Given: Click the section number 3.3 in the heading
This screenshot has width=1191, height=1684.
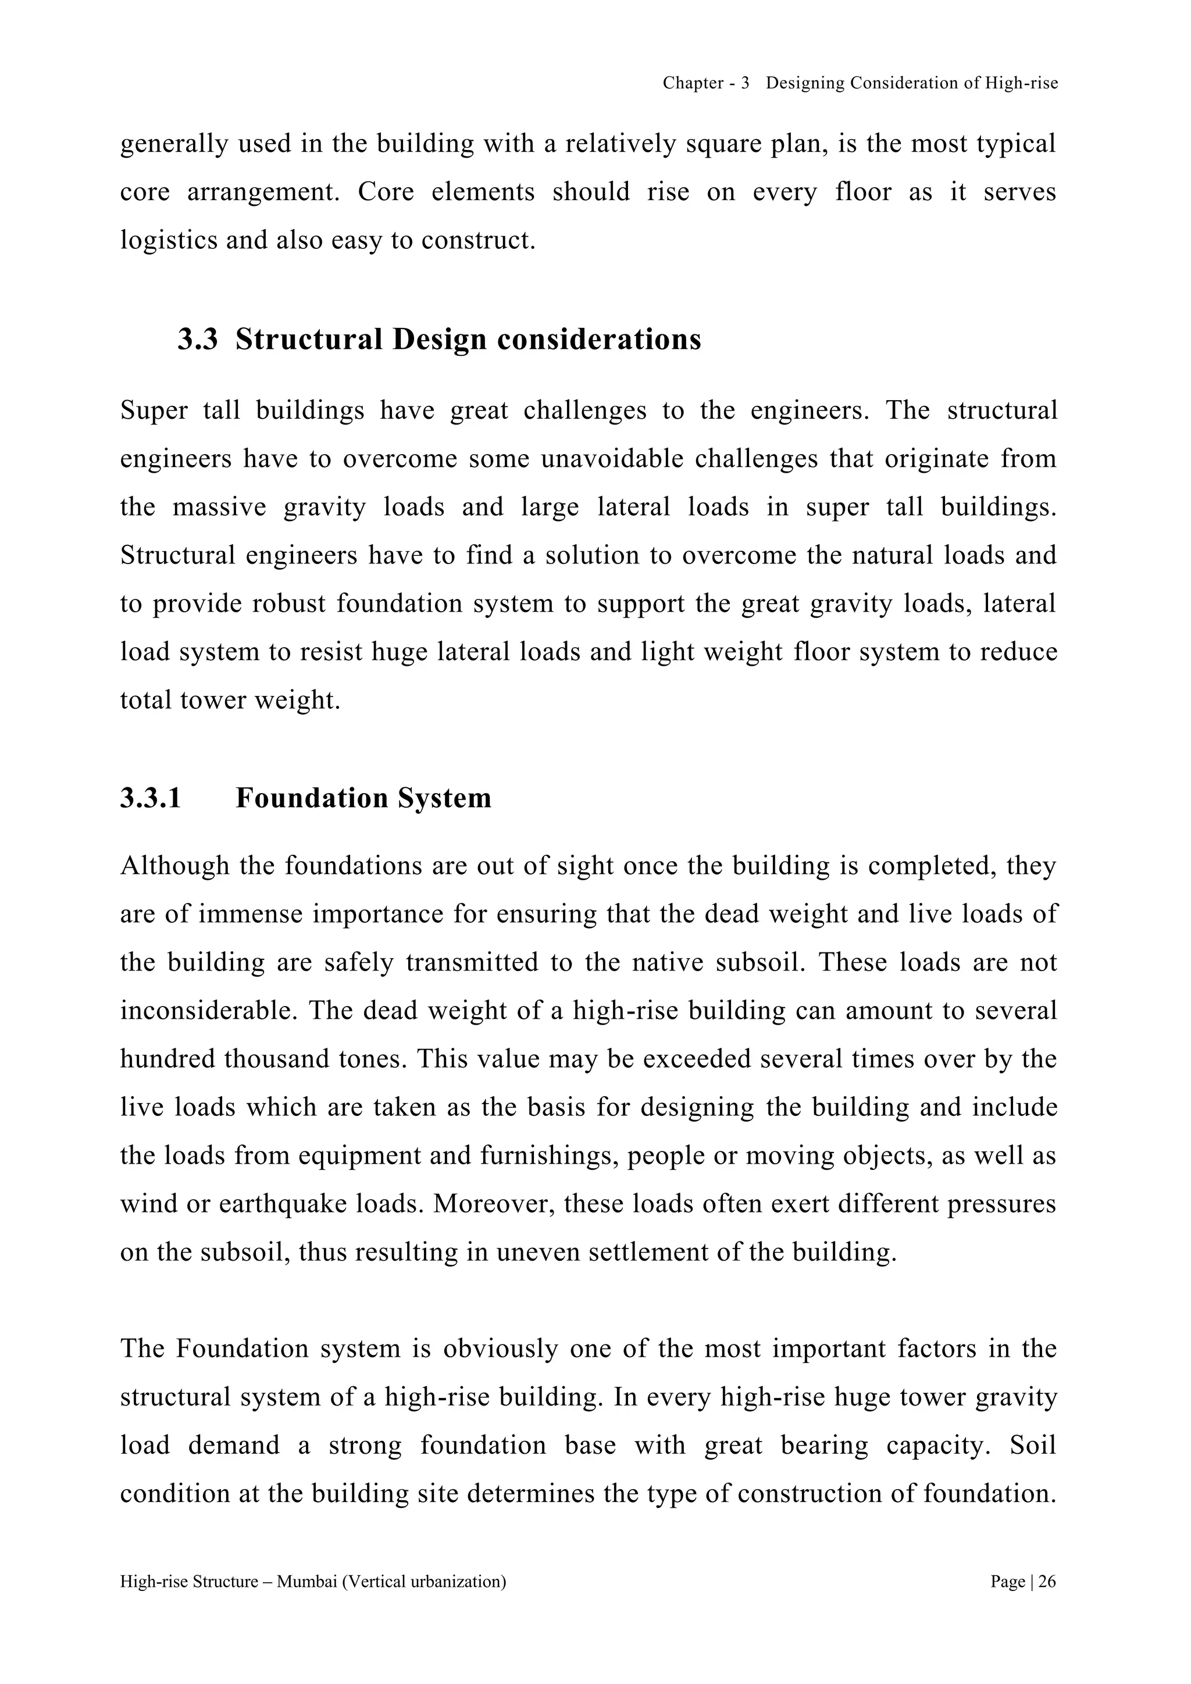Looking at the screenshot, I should pos(197,340).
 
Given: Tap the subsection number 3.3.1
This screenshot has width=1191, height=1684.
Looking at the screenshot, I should pos(151,798).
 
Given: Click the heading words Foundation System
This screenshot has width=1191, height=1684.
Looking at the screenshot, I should pos(363,798).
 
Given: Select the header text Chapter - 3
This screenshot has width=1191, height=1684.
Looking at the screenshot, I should pos(705,84).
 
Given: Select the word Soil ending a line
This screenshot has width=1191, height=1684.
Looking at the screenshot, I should pos(1033,1446).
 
